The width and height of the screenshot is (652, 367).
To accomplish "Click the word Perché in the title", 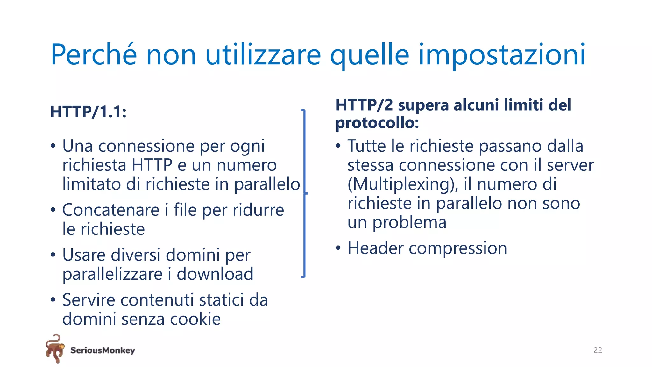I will (x=94, y=55).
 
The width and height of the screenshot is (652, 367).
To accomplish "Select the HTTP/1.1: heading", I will (x=89, y=112).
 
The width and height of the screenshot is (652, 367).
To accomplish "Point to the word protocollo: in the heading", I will (x=377, y=123).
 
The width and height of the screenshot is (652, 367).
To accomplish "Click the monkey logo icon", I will (x=55, y=349).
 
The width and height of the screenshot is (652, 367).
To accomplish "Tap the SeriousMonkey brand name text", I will (x=103, y=350).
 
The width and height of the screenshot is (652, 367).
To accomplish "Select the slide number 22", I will (x=598, y=350).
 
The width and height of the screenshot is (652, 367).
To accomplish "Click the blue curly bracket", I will (x=304, y=193).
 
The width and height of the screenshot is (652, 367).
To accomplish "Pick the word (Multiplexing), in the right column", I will (x=403, y=184).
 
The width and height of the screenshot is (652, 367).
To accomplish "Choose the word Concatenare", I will (x=111, y=210).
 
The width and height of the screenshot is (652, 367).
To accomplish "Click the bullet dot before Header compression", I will (x=338, y=248).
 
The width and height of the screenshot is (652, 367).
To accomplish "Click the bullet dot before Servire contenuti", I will (x=53, y=300).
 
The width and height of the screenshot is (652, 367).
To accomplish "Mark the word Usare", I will (x=84, y=255).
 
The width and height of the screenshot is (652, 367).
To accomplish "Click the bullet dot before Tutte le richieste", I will (x=338, y=146).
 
